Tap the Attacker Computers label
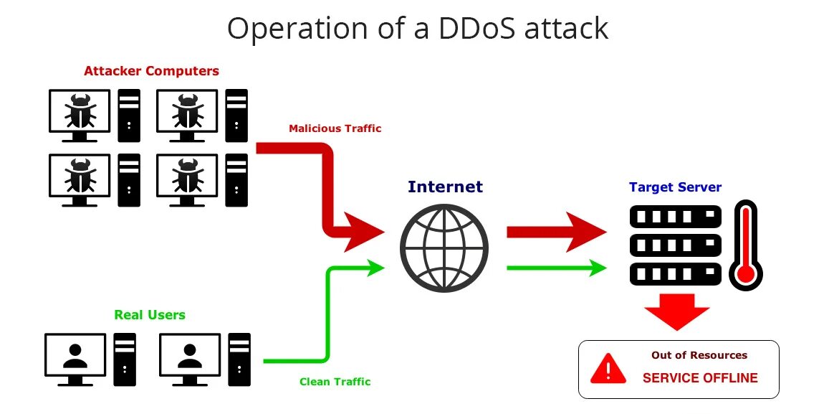coord(151,71)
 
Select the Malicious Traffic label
coord(335,128)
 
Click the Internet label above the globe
coord(445,187)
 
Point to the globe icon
coord(444,248)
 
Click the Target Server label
coord(675,187)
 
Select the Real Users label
coord(149,315)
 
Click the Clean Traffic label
coord(335,382)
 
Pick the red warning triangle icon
coord(608,368)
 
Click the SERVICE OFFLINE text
coord(699,378)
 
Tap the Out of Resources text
coord(699,355)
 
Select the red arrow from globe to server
coord(555,232)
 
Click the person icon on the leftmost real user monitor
coord(75,355)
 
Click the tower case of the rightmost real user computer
coord(239,358)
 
